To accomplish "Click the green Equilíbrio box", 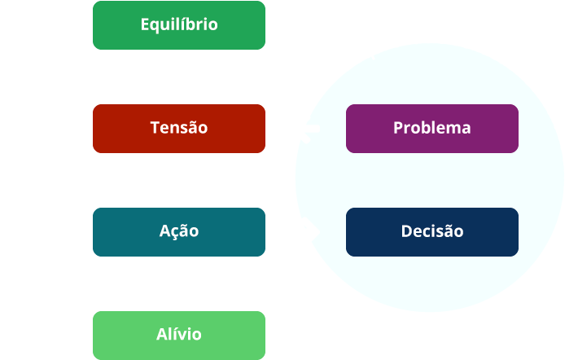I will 179,24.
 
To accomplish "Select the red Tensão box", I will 179,128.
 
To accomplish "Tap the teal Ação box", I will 179,231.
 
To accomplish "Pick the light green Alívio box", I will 179,335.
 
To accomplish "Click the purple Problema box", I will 431,128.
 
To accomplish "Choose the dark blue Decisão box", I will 431,231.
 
